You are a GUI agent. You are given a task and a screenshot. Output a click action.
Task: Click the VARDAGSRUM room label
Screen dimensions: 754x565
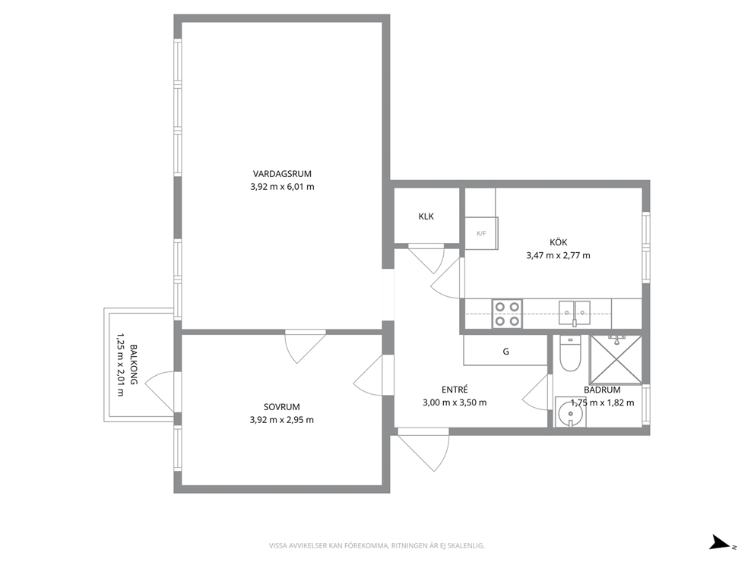tap(282, 174)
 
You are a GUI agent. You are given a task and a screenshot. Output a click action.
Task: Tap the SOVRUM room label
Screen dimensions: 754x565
tap(281, 407)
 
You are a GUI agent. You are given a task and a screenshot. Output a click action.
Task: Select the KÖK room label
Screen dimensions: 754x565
tap(559, 242)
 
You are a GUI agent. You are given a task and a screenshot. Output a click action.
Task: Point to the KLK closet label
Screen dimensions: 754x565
tap(426, 216)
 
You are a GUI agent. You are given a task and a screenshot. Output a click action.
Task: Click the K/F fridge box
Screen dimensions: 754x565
tap(481, 233)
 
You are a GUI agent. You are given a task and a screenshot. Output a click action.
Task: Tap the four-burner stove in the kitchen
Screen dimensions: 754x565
tap(507, 314)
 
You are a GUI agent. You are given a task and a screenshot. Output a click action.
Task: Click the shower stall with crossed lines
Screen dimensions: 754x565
tap(616, 360)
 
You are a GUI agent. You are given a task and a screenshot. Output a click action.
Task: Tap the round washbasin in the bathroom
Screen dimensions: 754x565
tap(571, 412)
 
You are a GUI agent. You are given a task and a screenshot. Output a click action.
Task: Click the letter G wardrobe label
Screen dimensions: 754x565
tap(506, 352)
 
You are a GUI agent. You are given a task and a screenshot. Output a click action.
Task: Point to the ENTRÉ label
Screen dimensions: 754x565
tap(455, 390)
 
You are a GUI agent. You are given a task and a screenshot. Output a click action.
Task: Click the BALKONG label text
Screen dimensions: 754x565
tap(133, 365)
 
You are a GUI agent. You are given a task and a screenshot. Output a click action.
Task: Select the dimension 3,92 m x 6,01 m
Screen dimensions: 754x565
tap(282, 187)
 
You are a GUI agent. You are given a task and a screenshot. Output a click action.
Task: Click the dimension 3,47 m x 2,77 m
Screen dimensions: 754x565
tap(559, 256)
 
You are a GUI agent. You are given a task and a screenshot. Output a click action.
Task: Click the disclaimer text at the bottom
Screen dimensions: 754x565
tap(376, 546)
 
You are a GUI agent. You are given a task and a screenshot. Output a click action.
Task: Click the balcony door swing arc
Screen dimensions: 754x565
tap(154, 387)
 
